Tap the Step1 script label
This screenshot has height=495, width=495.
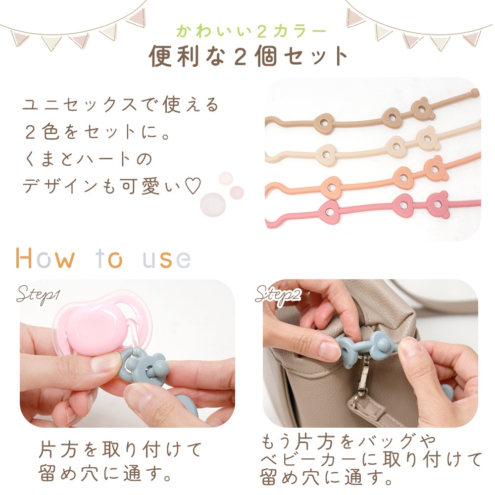38,295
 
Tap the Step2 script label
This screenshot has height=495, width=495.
278,296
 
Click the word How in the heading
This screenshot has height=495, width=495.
45,258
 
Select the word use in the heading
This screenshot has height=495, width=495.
167,259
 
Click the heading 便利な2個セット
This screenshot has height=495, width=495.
248,56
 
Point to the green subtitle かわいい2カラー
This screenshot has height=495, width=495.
251,31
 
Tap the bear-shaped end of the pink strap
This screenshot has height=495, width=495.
438,204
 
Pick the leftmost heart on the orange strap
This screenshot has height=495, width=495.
332,188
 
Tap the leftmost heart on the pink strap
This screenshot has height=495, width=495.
329,211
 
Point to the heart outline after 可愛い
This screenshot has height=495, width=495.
193,186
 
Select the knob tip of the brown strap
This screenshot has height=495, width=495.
475,93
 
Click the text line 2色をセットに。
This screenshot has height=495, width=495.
98,132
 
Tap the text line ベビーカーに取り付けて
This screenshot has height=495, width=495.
371,459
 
